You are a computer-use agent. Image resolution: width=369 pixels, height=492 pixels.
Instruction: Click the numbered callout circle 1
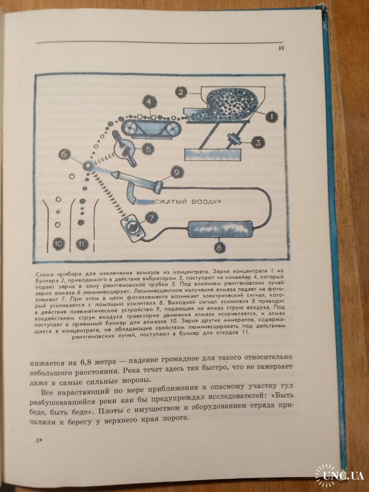point(271,117)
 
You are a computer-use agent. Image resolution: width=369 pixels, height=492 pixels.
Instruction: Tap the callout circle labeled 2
point(181,92)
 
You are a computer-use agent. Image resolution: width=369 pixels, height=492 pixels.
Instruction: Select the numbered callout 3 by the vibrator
point(258,143)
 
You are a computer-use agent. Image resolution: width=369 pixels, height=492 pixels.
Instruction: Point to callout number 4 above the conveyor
point(149,102)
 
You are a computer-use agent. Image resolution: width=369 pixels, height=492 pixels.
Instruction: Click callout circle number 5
point(148,149)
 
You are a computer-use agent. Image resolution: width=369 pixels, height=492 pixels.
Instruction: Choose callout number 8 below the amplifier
point(219,248)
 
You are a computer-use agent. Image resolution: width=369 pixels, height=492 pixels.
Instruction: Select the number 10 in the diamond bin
point(58,244)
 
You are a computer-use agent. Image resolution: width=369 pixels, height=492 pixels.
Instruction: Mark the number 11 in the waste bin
point(82,244)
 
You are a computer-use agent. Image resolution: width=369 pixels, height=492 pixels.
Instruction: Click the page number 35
point(281,49)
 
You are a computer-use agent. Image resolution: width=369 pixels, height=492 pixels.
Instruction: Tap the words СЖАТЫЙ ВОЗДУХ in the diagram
point(188,201)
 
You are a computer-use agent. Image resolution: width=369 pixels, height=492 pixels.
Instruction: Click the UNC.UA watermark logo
point(340,476)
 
